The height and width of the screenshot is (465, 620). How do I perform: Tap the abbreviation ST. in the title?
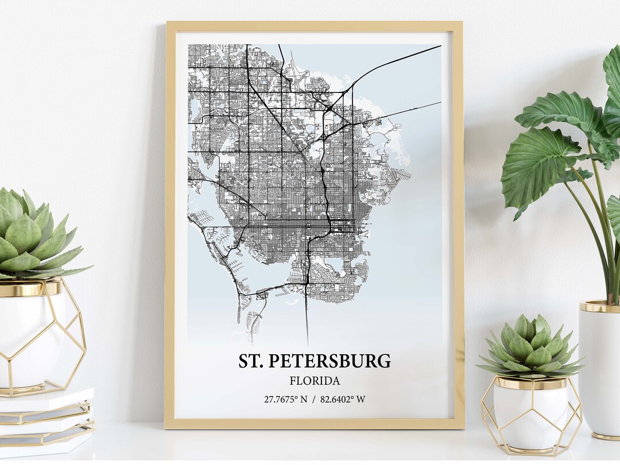tap(251, 361)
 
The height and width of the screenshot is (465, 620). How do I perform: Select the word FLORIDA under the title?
tap(315, 381)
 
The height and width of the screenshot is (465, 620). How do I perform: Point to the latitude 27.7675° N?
tap(285, 400)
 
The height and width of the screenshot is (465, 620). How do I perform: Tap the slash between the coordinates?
tap(314, 400)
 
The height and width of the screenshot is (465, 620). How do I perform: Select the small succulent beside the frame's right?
tap(531, 347)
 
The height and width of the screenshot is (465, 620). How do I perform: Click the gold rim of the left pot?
tap(29, 288)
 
